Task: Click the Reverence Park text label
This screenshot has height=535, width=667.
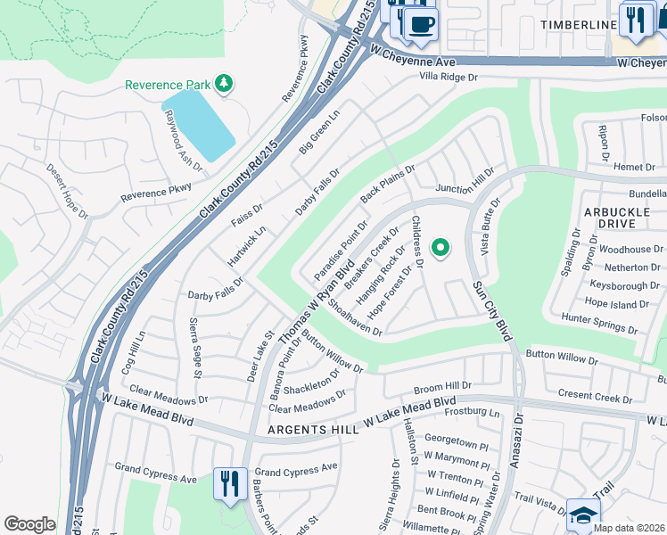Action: point(168,85)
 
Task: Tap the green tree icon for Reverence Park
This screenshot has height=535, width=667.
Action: point(224,85)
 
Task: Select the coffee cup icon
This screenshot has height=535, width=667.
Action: point(421,23)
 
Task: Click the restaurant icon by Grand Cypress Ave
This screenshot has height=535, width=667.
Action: point(230,484)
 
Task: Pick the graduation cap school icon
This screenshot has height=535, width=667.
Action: point(583,514)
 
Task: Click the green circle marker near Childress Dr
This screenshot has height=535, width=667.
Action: point(439,249)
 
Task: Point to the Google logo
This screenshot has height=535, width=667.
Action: point(29,524)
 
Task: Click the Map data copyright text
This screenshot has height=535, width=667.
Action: point(628,528)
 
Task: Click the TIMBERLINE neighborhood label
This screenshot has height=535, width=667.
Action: point(577,25)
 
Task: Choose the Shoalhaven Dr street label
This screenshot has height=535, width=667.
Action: point(355,317)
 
